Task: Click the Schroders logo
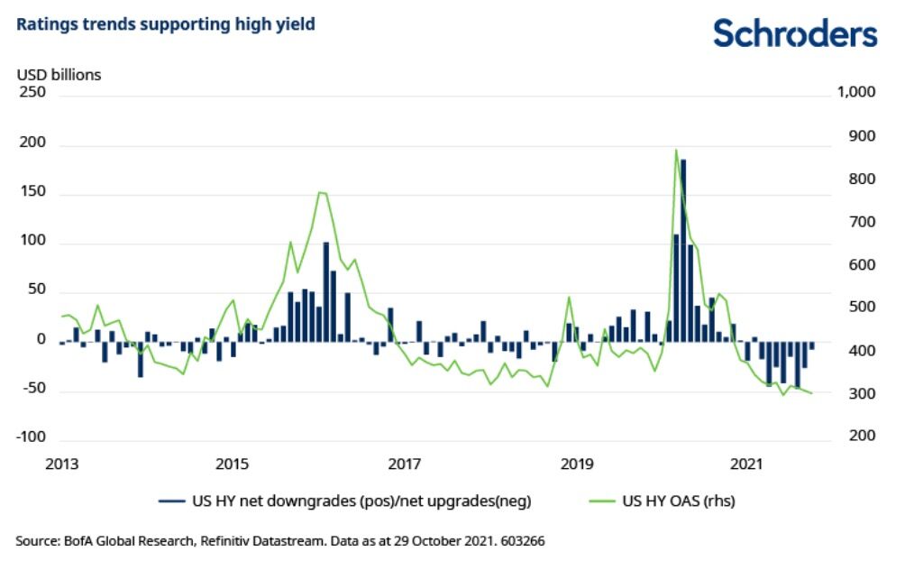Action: tap(794, 33)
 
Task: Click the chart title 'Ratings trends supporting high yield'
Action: tap(166, 24)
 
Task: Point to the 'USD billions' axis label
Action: tap(59, 75)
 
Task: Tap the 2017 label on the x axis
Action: tap(404, 464)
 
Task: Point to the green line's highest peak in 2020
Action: tap(676, 150)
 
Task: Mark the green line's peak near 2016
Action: tap(322, 192)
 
